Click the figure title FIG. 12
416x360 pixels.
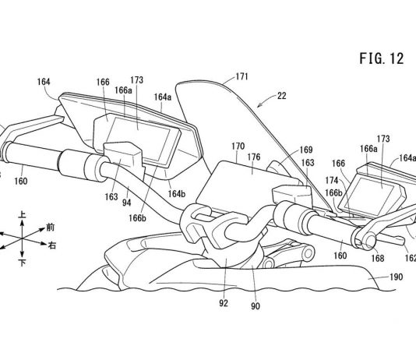point(382,58)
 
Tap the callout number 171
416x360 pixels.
point(241,76)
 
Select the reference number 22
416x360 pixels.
point(282,96)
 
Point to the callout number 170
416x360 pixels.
point(238,146)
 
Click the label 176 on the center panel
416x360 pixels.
point(254,157)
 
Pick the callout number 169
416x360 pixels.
point(306,150)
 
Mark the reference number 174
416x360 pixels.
point(332,181)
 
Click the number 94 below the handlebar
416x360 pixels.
point(126,203)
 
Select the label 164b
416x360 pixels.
point(177,194)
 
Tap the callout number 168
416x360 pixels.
point(378,258)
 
